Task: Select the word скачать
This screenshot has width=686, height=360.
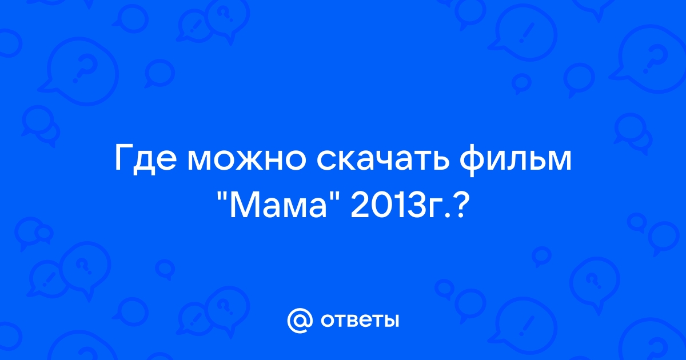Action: click(x=383, y=160)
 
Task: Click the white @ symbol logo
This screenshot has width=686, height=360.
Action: click(x=300, y=321)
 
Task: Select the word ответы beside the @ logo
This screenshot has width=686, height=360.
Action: click(x=360, y=321)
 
